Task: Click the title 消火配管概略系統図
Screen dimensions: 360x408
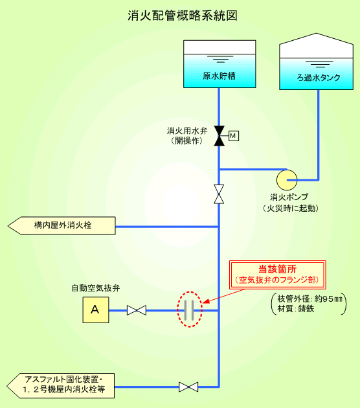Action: pos(183,16)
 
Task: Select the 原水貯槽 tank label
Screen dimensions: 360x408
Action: pos(219,76)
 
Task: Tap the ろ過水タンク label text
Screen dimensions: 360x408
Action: pos(319,78)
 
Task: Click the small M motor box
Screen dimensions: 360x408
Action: pos(234,136)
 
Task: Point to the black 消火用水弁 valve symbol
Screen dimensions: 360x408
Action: pos(219,136)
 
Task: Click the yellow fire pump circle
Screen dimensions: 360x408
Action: pos(287,180)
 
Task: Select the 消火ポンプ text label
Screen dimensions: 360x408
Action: pos(289,197)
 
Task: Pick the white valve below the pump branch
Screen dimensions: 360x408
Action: pos(219,194)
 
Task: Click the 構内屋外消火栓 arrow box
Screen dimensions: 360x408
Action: pos(62,225)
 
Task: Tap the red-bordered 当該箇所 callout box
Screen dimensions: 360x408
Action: pos(278,275)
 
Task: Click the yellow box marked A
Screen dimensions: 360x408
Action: pos(96,310)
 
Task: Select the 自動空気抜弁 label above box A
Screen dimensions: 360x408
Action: pos(96,288)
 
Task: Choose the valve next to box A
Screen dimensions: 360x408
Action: pos(137,310)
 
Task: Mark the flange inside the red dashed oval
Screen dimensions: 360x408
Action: pos(189,310)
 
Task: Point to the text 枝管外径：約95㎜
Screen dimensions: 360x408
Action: pos(309,299)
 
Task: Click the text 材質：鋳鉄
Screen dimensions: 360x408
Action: pos(296,309)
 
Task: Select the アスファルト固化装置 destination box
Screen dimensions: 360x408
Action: pos(61,386)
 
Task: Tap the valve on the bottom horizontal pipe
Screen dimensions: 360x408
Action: pos(188,387)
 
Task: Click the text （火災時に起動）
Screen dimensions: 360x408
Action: pos(290,209)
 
